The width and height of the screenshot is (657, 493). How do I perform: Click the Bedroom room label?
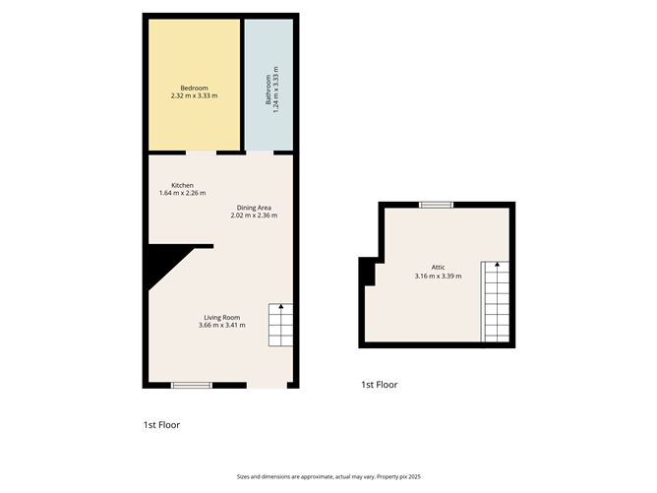(x=193, y=88)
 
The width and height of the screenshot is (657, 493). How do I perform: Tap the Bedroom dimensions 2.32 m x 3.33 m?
(x=193, y=95)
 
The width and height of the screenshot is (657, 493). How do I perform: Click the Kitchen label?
(x=182, y=185)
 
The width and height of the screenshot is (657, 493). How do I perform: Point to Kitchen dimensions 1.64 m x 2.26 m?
(x=182, y=193)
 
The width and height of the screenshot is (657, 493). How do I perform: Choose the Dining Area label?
(x=254, y=207)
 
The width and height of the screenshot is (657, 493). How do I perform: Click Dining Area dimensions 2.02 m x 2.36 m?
(x=254, y=215)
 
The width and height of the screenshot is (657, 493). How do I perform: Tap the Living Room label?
(x=222, y=317)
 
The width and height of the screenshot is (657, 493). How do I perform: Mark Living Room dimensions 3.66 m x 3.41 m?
(x=222, y=325)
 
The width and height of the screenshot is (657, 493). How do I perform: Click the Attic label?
(x=438, y=267)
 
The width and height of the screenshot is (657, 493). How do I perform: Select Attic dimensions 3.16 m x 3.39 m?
(x=438, y=275)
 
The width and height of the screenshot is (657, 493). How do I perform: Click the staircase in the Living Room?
(x=280, y=325)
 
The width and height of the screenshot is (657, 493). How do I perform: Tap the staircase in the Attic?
(x=496, y=302)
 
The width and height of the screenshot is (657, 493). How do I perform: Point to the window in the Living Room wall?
(x=192, y=385)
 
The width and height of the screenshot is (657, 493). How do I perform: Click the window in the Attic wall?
(x=436, y=204)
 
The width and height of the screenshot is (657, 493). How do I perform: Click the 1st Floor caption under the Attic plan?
(x=379, y=385)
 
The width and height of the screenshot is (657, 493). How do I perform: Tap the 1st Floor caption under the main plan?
(x=161, y=425)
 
